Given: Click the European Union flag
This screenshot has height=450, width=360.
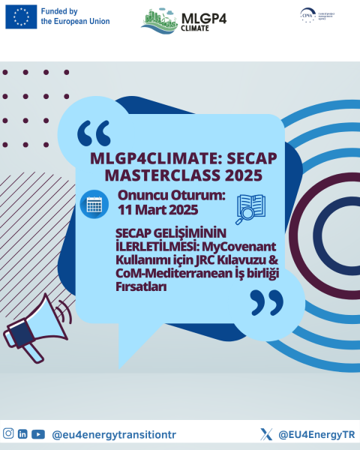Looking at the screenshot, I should [21, 16].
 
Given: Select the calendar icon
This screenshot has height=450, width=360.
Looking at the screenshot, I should [94, 203].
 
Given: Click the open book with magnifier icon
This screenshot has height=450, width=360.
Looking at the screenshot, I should [252, 209].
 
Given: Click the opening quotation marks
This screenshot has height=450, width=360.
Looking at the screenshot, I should [94, 134].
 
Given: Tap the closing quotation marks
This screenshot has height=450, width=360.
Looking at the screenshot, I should [265, 303].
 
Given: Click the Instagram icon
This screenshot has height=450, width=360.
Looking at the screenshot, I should [8, 433].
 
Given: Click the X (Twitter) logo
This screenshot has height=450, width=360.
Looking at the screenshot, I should [265, 434].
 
